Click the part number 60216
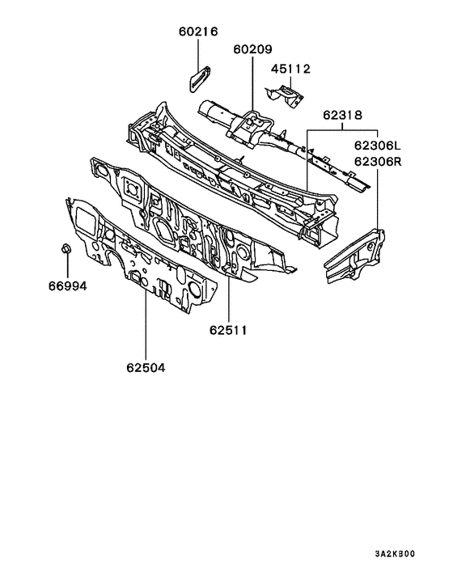pos(198,32)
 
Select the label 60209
pos(252,49)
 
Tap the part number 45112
pos(290,69)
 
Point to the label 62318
pos(342,115)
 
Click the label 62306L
pos(377,146)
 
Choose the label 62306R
pos(378,161)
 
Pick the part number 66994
pos(68,286)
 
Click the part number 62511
pos(228,330)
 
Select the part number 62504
pos(146,368)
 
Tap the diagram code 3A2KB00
pos(395,554)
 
